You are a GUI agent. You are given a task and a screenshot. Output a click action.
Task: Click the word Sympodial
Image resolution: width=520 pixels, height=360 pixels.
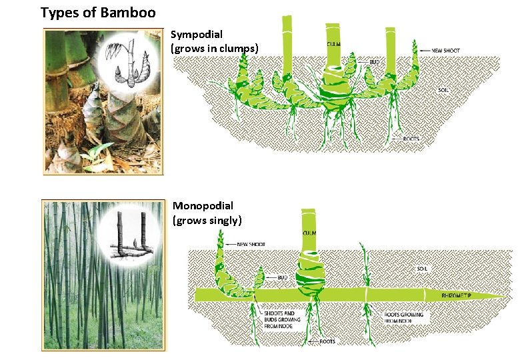197,34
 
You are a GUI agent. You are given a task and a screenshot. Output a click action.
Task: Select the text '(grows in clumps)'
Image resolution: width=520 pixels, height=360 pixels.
214,48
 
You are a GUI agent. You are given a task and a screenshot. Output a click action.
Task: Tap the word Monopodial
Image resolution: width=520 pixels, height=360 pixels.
203,206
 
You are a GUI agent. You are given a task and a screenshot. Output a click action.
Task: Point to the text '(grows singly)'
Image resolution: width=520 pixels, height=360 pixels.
207,220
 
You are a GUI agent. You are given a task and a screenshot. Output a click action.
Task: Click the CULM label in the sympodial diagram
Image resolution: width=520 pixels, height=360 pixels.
334,44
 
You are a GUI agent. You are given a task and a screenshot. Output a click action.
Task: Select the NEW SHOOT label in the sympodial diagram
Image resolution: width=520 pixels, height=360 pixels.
446,51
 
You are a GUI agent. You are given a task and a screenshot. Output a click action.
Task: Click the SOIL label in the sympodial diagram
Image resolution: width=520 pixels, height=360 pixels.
443,89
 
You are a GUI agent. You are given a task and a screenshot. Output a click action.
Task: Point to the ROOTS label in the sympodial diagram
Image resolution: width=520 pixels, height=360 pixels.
411,139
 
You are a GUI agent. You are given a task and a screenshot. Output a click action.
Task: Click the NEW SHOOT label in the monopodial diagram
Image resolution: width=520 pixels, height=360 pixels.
251,245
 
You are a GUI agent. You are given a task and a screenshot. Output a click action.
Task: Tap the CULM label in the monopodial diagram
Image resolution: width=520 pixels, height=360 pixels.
310,233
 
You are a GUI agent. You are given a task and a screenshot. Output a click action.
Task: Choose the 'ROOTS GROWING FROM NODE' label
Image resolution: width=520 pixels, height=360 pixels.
403,317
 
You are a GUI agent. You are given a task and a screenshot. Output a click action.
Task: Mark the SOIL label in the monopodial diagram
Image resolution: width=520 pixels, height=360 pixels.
421,269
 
